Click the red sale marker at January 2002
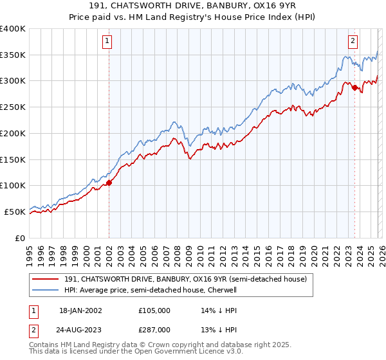coord(109,183)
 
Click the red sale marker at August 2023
coord(354,87)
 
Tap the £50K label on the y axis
coord(15,212)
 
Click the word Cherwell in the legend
coord(223,290)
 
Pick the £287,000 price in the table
coord(154,330)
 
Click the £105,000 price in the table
coord(154,310)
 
